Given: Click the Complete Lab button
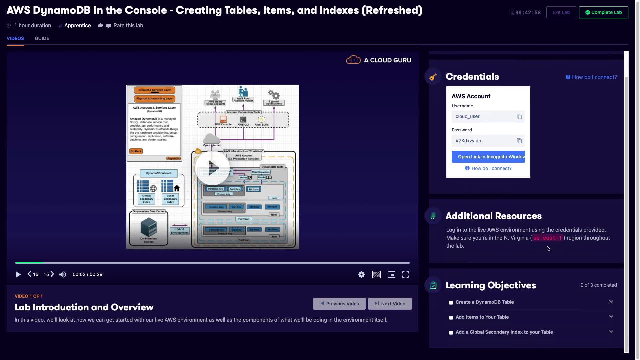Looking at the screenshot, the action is point(603,12).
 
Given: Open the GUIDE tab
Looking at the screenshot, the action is point(42,38).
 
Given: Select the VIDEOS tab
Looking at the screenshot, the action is point(15,38).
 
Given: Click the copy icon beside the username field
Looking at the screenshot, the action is point(519,117).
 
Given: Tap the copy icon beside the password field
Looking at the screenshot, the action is point(519,141).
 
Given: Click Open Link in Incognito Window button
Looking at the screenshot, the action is point(488,157).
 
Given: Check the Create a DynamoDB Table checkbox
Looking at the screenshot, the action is point(451,303).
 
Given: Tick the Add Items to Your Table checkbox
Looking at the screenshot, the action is point(451,318).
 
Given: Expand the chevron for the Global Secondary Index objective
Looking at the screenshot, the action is point(611,332).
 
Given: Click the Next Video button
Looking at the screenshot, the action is point(390,304).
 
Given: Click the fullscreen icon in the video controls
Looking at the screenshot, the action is point(405,275).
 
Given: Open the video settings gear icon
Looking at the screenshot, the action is point(361,275).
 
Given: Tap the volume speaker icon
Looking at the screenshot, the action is point(63,275).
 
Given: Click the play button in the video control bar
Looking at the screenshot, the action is point(18,275).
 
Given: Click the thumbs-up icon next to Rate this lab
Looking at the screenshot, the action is point(100,26).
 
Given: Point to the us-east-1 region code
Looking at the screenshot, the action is point(547,238).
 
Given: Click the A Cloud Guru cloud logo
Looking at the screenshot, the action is point(353,60).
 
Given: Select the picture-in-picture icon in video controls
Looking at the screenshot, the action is point(391,275).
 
